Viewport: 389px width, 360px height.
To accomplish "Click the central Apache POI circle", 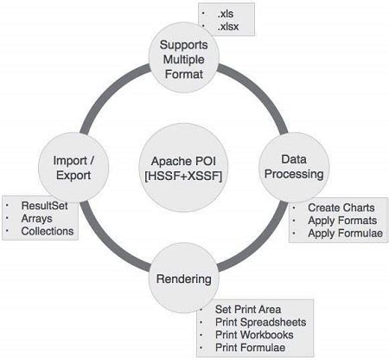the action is [x=183, y=168].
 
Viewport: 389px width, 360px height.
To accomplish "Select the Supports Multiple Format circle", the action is [x=184, y=57].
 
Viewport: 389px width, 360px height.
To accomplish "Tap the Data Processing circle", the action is [x=294, y=167].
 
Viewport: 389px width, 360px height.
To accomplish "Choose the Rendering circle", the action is [x=184, y=278].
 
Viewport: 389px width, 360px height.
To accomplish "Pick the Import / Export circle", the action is [x=73, y=168].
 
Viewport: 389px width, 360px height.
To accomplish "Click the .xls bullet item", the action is [x=226, y=14].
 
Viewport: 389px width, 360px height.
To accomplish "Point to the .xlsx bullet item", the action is [x=228, y=27].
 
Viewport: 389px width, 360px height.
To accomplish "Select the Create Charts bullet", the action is [x=341, y=208].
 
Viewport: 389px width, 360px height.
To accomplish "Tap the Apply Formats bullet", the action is [x=342, y=221].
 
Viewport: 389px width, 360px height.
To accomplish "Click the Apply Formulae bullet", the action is [x=345, y=234].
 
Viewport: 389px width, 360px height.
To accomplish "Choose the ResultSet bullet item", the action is [x=44, y=206].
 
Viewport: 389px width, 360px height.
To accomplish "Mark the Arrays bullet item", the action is [x=36, y=218].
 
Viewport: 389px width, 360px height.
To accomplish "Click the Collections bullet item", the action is [x=48, y=231].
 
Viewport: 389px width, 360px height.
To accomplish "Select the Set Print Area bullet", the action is [x=248, y=310].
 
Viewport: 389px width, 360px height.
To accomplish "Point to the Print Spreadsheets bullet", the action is [x=260, y=322].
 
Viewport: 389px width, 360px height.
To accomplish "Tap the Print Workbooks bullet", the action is [x=254, y=335].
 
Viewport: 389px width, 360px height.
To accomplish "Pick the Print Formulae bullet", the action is [x=250, y=348].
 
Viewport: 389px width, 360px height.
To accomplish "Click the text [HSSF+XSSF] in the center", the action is [x=183, y=176].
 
